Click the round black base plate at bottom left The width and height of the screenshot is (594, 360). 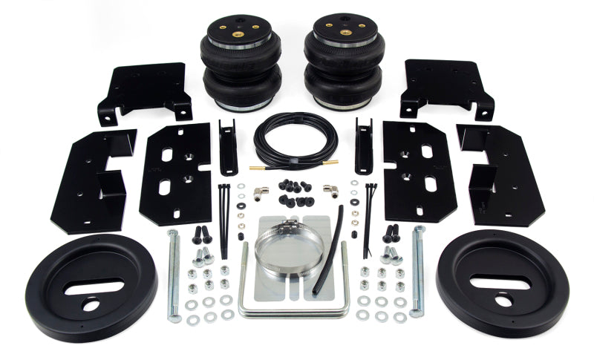pos(91,286)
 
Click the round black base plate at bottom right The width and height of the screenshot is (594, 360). pos(503,283)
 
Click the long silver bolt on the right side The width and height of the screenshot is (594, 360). pos(418,271)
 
